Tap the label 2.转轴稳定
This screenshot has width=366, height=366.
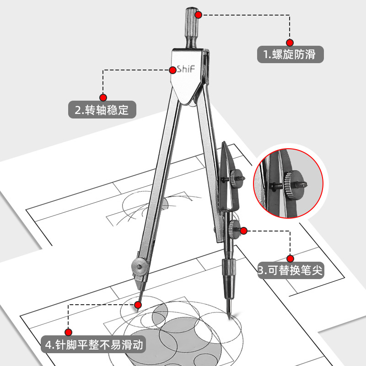(x=102, y=110)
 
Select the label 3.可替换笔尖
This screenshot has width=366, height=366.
(x=290, y=270)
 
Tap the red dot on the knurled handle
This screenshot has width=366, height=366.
(x=199, y=15)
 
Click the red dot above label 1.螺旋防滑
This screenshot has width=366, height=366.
(x=289, y=41)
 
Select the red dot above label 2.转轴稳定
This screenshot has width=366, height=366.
(x=103, y=97)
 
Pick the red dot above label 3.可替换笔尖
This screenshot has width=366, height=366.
(x=290, y=257)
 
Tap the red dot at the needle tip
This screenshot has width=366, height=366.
(x=139, y=304)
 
